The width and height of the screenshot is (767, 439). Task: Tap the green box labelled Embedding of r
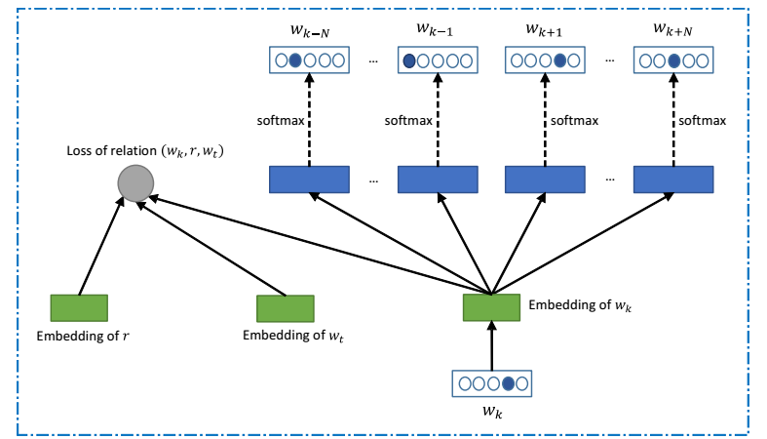coord(79,308)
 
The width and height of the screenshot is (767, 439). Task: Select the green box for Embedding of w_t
coord(285,308)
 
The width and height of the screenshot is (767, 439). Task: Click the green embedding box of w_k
coord(492,306)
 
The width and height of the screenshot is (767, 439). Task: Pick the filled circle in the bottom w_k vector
coord(508,382)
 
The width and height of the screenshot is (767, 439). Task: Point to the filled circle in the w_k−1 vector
coord(409,60)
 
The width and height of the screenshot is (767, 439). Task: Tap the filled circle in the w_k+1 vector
coord(559,60)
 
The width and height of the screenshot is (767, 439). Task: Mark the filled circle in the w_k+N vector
coord(672,60)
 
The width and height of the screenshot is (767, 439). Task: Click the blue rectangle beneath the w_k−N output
coord(308,180)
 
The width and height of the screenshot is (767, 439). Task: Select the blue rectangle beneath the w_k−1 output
coord(438,180)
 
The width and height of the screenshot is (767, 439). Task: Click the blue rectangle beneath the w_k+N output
coord(672,180)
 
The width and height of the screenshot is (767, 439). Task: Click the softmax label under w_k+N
coord(703,121)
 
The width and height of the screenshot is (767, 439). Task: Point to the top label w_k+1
coord(544,29)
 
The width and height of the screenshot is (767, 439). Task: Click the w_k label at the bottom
coord(493,412)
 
